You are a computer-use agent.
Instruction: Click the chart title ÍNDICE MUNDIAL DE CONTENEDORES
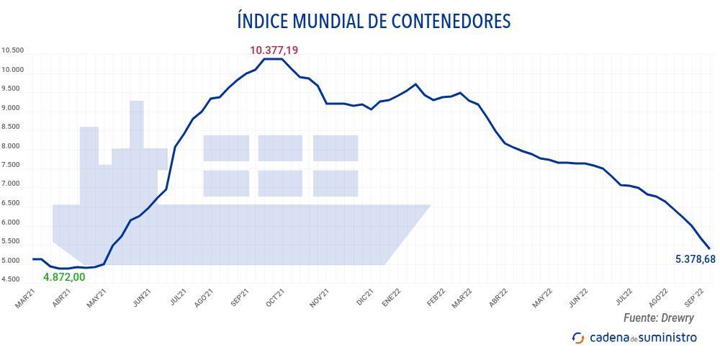tap(374, 21)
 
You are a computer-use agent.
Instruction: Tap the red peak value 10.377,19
tap(274, 50)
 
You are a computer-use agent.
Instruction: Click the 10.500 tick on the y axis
tap(13, 51)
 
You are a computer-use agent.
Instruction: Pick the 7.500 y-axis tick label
tap(13, 166)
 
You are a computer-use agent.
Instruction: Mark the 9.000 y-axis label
tap(13, 109)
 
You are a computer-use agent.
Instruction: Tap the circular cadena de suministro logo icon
tap(577, 338)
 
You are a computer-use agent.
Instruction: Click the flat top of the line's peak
tap(272, 59)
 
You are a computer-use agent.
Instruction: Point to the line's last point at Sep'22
tap(710, 249)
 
